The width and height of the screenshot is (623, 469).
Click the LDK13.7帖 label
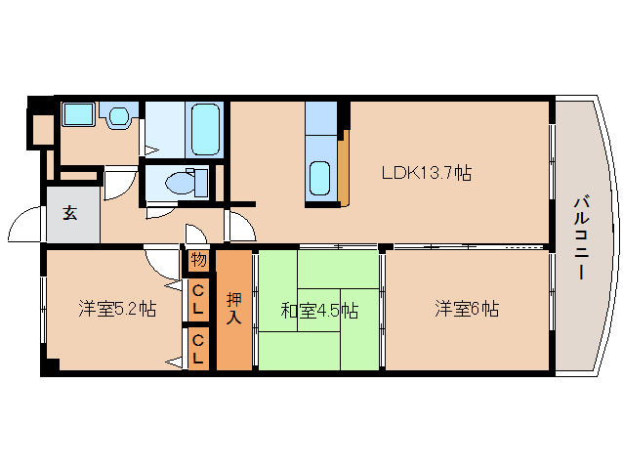click(x=427, y=173)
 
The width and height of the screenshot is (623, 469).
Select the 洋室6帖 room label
click(x=467, y=310)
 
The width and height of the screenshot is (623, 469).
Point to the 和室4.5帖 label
click(x=318, y=312)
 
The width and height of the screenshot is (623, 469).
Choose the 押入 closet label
click(x=234, y=309)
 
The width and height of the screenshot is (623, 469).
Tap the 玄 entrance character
click(x=71, y=214)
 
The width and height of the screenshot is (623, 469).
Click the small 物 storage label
click(x=198, y=261)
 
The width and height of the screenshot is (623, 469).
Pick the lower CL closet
click(x=198, y=349)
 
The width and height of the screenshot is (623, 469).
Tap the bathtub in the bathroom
click(x=206, y=130)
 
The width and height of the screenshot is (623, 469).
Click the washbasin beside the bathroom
click(x=118, y=116)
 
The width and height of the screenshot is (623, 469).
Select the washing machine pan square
click(x=76, y=114)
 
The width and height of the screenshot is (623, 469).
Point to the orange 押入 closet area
click(x=234, y=337)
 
